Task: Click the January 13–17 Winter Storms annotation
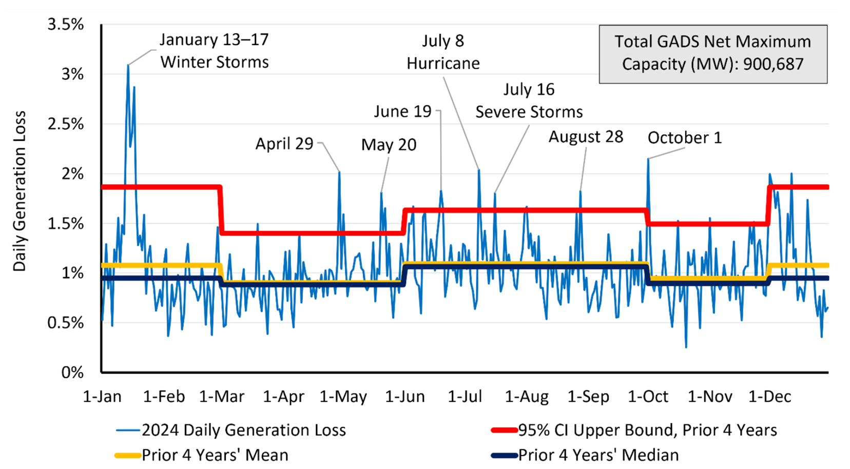[214, 51]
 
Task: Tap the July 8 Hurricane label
[443, 52]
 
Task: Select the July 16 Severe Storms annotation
[529, 101]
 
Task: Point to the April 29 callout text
[284, 144]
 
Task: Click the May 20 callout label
[389, 145]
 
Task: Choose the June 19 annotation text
[402, 111]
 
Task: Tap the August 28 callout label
[586, 137]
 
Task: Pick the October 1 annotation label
[684, 138]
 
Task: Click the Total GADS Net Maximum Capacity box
[712, 53]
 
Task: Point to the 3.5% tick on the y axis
[65, 24]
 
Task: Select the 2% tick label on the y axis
[72, 173]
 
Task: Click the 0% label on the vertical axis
[72, 372]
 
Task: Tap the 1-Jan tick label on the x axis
[102, 397]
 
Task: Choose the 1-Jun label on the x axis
[405, 397]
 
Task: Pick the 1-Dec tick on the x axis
[769, 397]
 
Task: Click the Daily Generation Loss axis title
[20, 191]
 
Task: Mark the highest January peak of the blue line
[128, 65]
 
